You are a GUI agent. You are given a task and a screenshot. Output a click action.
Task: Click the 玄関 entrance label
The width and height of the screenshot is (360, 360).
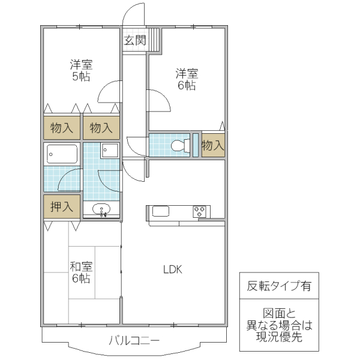[x=135, y=41]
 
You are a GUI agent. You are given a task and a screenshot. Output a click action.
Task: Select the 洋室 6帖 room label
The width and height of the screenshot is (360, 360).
[x=187, y=80]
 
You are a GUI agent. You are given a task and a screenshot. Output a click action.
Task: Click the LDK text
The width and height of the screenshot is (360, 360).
[x=173, y=269]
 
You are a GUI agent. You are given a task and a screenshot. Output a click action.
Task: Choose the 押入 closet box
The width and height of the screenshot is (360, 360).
[x=62, y=207]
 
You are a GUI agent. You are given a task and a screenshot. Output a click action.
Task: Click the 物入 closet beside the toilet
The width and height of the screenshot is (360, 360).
[x=213, y=145]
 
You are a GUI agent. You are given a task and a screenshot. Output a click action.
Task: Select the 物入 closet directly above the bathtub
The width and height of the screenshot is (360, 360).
[x=62, y=127]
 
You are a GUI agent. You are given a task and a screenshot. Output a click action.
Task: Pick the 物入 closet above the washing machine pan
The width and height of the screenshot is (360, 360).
[x=101, y=127]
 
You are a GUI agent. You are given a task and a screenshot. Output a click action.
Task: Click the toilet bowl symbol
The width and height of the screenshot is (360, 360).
[x=178, y=145]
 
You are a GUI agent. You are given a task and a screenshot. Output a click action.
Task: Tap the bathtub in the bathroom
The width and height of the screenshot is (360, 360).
[x=62, y=154]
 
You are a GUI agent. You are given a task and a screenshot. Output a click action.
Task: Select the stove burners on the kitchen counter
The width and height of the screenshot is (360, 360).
[x=200, y=211]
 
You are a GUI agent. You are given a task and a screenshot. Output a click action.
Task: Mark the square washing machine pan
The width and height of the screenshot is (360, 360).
[x=110, y=150]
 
